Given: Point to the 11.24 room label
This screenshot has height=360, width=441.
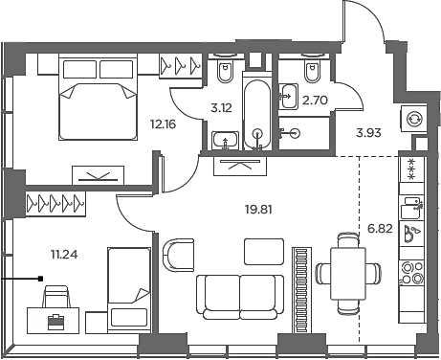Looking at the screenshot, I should coord(64,254).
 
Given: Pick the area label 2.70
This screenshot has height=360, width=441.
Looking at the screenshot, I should coord(316,98).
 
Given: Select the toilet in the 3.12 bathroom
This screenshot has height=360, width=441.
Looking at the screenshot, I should coord(226,73).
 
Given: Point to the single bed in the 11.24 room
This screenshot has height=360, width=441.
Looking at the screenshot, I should coord(126,286).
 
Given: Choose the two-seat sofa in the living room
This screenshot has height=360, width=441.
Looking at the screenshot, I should coord(239,296).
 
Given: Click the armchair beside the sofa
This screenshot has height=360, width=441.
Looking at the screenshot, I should coord(178,255).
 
